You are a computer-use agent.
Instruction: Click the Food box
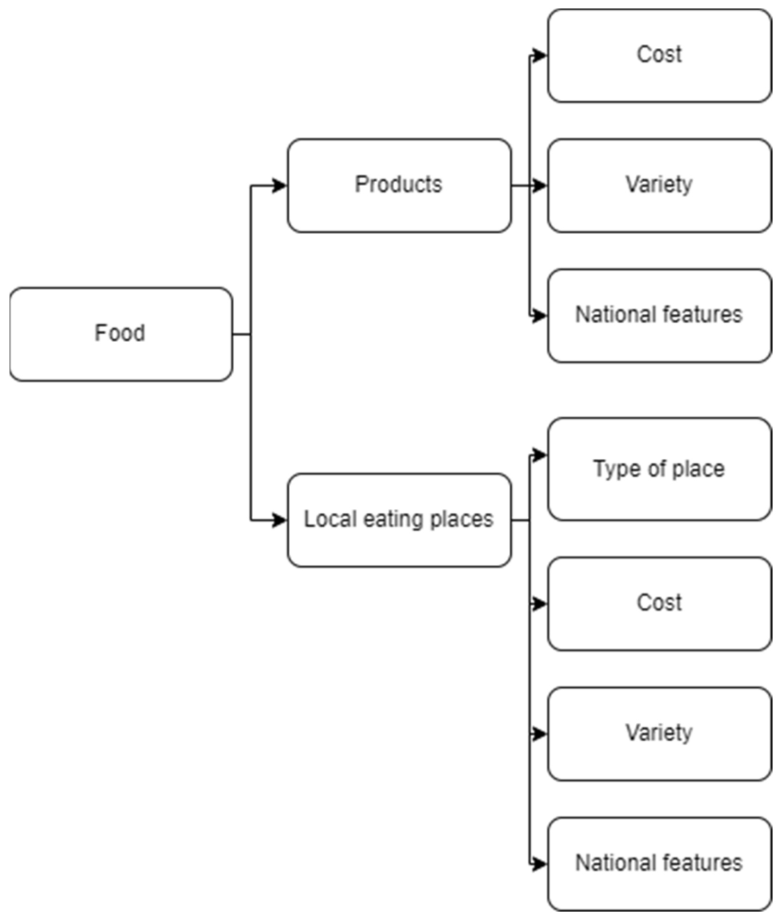tap(121, 334)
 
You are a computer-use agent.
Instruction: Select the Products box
tap(399, 186)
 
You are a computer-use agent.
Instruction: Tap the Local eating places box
tap(399, 520)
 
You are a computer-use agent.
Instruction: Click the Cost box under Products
tap(659, 55)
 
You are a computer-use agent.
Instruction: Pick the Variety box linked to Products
tap(659, 186)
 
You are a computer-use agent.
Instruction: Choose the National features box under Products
tap(659, 316)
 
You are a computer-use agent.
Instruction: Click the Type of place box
tap(659, 469)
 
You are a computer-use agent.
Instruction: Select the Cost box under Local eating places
tap(659, 603)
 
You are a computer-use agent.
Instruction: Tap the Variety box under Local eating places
tap(659, 734)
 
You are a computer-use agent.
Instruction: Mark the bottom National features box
tap(659, 864)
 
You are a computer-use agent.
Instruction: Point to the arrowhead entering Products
tap(279, 186)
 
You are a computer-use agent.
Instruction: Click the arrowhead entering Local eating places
tap(279, 520)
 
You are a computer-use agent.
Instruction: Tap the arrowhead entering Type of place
tap(539, 455)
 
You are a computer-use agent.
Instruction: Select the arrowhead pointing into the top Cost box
tap(539, 55)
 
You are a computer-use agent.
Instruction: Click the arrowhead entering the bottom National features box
tap(539, 864)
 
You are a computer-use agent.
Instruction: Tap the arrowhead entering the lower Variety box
tap(539, 734)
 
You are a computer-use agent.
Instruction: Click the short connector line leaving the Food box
tap(241, 334)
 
